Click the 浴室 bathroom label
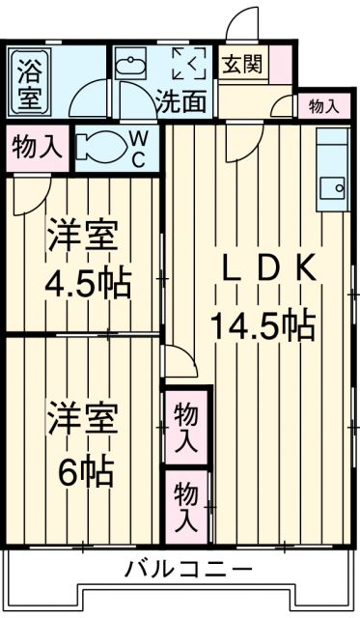pyautogui.click(x=30, y=81)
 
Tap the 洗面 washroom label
pyautogui.click(x=180, y=100)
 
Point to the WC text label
pyautogui.click(x=139, y=150)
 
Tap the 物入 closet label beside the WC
pyautogui.click(x=37, y=148)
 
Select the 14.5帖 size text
pyautogui.click(x=263, y=326)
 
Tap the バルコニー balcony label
pyautogui.click(x=187, y=568)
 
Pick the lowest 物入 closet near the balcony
pyautogui.click(x=187, y=505)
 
